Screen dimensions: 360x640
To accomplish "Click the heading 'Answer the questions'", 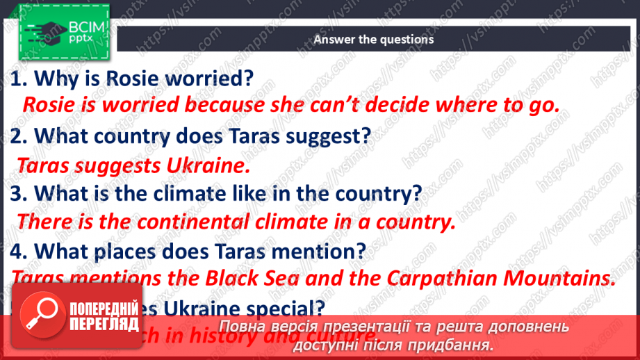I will coord(373,39).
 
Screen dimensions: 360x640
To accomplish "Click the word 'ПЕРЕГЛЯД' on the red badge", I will coord(104,325).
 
